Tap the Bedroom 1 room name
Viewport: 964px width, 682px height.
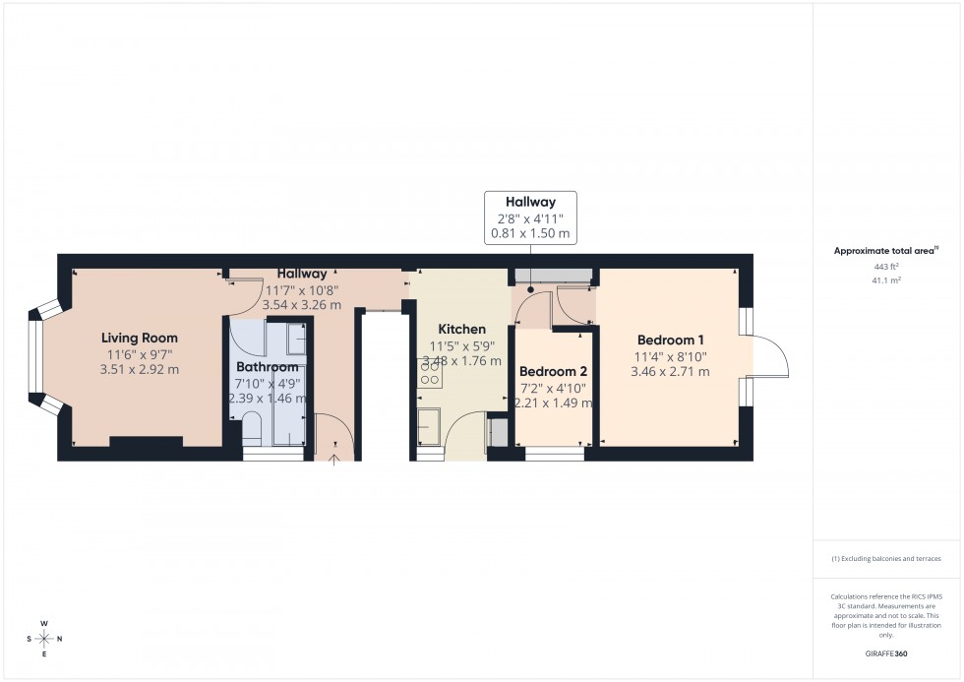point(669,341)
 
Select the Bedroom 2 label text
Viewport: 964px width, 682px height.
point(553,371)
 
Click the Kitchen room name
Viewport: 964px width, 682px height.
point(461,329)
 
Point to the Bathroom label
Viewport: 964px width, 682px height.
point(267,367)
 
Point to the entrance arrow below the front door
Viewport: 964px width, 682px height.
point(334,457)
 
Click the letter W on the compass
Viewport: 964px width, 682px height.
point(44,624)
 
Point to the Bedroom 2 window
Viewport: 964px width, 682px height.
point(554,454)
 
